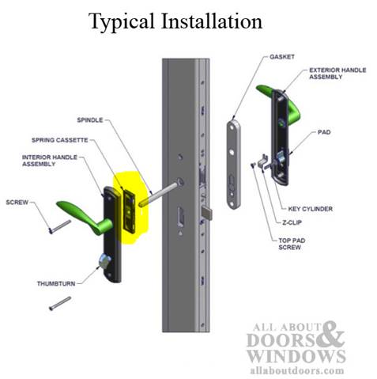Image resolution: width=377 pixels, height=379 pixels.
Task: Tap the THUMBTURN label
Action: [x=58, y=282]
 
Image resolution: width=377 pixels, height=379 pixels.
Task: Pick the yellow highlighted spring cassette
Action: [x=126, y=204]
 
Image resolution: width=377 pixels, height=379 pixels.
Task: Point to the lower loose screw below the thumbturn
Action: [x=60, y=304]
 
